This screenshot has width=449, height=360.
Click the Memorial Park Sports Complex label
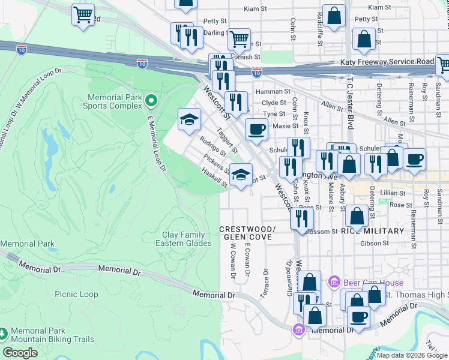(115, 101)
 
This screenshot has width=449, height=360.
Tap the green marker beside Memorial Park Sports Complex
(151, 100)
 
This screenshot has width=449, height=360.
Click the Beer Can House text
(373, 282)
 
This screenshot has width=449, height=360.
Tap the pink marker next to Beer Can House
(334, 281)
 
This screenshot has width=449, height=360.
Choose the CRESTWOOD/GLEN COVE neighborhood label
(247, 233)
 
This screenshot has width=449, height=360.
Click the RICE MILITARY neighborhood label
(372, 231)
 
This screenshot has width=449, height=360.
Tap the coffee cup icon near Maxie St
(256, 129)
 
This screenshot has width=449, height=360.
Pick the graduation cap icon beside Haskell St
(241, 175)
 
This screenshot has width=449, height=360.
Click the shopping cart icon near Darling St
(239, 39)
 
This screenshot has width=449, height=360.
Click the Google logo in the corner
(20, 353)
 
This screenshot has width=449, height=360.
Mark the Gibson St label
(375, 244)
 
